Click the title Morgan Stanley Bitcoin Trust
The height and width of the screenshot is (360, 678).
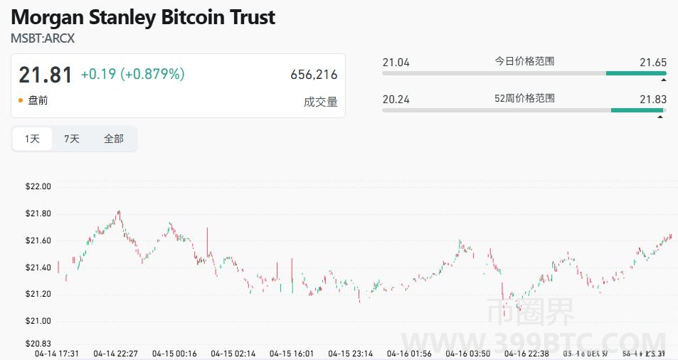[142, 17]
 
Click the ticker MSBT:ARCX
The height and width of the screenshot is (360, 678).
[43, 38]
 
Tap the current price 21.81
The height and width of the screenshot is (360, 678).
[46, 75]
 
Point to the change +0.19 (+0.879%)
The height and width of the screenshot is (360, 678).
[132, 74]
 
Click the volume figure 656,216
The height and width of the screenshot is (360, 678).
[314, 75]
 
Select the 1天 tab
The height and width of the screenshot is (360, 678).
[33, 139]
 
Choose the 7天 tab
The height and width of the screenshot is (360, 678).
[72, 139]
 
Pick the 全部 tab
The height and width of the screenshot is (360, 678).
[114, 139]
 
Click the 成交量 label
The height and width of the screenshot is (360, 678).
[320, 102]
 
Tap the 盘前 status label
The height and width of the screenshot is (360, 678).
[38, 100]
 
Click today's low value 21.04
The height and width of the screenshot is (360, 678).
[396, 63]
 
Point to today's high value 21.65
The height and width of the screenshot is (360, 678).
[652, 63]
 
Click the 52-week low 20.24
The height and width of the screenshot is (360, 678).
[396, 99]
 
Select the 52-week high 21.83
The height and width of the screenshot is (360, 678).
[652, 99]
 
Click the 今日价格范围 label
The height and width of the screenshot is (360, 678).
[524, 61]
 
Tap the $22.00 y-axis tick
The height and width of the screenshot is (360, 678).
[38, 187]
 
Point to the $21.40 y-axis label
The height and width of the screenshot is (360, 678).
[38, 268]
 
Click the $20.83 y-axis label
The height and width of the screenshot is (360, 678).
[38, 344]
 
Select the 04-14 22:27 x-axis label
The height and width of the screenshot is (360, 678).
[115, 353]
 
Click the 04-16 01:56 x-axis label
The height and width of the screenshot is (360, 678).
[408, 353]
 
